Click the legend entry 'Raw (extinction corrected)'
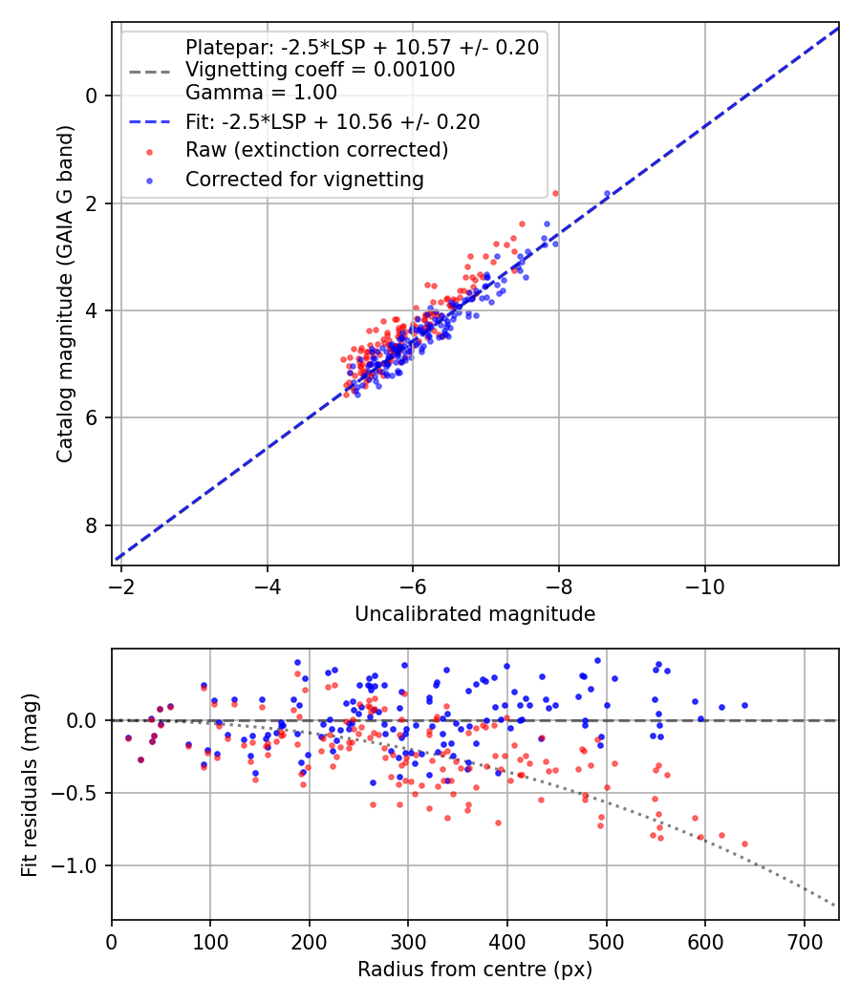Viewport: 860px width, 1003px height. pyautogui.click(x=316, y=150)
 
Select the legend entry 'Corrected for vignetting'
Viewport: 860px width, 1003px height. pyautogui.click(x=305, y=180)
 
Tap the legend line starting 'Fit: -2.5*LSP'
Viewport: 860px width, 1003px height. pyautogui.click(x=333, y=121)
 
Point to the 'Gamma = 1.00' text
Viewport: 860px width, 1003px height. pyautogui.click(x=261, y=92)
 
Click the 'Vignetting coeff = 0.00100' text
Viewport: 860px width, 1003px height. pyautogui.click(x=320, y=69)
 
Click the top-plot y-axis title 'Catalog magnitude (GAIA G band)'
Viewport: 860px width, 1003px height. pyautogui.click(x=65, y=293)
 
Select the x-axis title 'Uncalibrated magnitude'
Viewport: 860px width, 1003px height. pyautogui.click(x=475, y=613)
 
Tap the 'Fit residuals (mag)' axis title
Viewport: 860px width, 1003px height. pyautogui.click(x=30, y=785)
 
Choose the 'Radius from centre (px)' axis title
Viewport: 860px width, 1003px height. pyautogui.click(x=475, y=970)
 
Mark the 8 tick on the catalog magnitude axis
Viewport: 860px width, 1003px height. pyautogui.click(x=91, y=525)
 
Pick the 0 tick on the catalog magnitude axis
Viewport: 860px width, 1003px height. pyautogui.click(x=91, y=96)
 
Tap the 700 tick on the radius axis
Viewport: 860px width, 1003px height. pyautogui.click(x=804, y=942)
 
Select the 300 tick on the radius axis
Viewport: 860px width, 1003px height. pyautogui.click(x=408, y=942)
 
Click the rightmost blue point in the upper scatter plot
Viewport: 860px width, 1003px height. pyautogui.click(x=607, y=194)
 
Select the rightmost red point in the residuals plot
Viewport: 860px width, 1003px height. pyautogui.click(x=744, y=843)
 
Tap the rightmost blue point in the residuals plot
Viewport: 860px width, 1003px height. pyautogui.click(x=744, y=706)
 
